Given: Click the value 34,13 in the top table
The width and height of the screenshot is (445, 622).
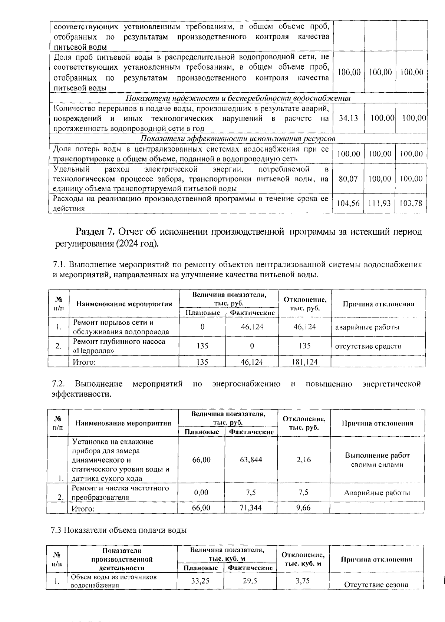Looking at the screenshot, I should click(349, 118).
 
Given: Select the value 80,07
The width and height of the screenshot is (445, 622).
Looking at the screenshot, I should click(349, 179).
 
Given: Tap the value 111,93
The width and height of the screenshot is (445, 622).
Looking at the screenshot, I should click(380, 203).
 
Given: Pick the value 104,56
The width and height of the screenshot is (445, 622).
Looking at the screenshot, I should click(348, 203).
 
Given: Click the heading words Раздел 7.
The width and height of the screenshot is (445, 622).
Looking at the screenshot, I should click(96, 232).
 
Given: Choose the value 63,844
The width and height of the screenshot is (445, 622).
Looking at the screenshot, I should click(251, 460).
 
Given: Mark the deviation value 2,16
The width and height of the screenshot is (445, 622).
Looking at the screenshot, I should click(304, 460).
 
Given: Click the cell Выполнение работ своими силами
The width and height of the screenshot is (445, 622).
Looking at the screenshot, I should click(377, 460).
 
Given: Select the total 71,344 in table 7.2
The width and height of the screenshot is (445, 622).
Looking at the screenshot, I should click(251, 507).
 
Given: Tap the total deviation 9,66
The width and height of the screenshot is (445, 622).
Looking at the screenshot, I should click(303, 507).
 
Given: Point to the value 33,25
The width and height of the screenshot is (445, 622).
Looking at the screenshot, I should click(200, 581).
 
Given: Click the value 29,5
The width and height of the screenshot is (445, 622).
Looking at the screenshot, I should click(250, 581).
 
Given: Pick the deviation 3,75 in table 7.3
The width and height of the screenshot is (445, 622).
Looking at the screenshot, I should click(303, 581).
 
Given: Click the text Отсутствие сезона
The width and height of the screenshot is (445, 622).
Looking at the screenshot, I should click(376, 585).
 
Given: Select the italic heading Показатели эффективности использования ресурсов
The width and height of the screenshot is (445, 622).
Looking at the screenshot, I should click(238, 138).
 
